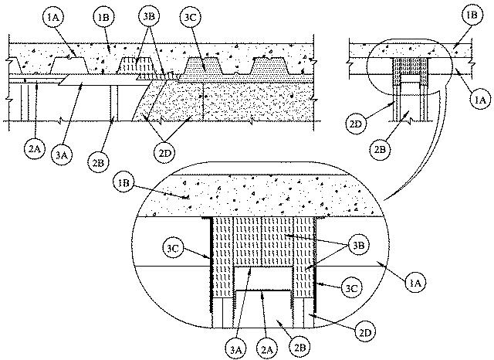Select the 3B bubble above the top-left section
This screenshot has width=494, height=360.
(149, 16)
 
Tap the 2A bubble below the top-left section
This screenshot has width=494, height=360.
(35, 149)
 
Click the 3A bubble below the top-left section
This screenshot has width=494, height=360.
(62, 155)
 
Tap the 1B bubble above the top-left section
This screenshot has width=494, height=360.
(103, 17)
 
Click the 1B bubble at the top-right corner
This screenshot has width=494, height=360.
(472, 15)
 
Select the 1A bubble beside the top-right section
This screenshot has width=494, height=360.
(480, 100)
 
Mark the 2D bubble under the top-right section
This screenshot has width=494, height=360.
(356, 124)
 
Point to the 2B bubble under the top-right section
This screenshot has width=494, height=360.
(380, 149)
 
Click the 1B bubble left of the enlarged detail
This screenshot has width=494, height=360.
(123, 183)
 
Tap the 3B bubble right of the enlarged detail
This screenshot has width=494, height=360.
(359, 245)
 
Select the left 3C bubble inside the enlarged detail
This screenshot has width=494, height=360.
(173, 248)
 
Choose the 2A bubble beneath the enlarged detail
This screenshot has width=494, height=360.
(267, 349)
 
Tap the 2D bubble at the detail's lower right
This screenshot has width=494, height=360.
(365, 333)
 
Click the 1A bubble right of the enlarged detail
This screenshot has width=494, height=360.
(415, 283)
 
